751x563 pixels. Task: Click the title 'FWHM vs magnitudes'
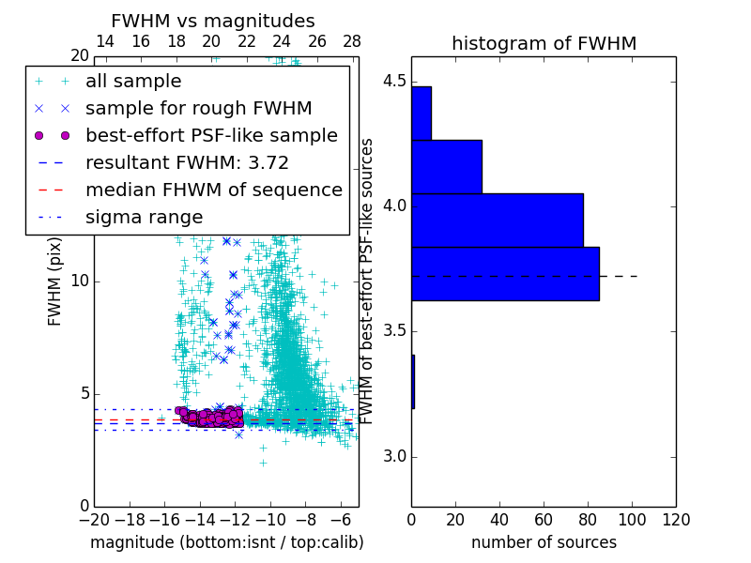tap(213, 21)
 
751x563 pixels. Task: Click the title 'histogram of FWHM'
tap(544, 43)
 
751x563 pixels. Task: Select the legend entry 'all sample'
tap(133, 82)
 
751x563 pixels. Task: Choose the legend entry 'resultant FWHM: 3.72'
tap(187, 162)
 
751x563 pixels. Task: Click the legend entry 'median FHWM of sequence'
tap(213, 190)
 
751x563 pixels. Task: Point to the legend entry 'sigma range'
tap(144, 217)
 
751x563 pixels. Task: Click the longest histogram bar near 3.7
tap(505, 274)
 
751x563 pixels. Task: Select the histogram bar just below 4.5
tap(421, 113)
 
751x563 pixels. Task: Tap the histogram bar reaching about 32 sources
tap(446, 166)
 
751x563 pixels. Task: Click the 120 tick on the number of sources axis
tap(676, 520)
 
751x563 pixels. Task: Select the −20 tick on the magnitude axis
tap(94, 520)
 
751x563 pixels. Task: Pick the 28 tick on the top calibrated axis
tap(352, 41)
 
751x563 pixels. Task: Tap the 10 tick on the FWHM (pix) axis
tap(79, 281)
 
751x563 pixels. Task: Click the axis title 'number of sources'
tap(544, 542)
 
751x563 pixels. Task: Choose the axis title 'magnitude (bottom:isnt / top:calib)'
tap(226, 542)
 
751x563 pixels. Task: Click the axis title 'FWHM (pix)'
tap(55, 281)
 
